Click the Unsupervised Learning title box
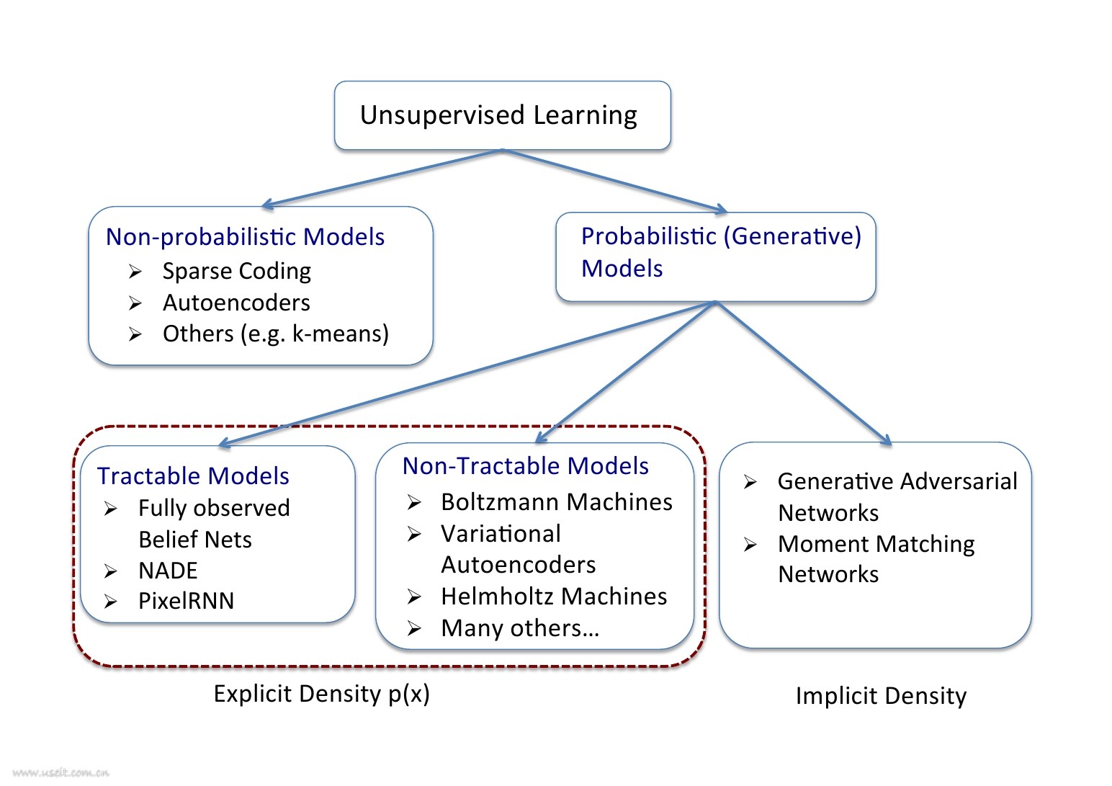(501, 115)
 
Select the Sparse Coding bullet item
(236, 271)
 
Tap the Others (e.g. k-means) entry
(275, 334)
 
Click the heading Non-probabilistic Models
(245, 237)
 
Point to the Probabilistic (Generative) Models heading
(720, 251)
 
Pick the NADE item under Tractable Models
(168, 571)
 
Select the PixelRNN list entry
(186, 601)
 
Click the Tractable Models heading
(193, 476)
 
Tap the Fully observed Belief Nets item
(213, 524)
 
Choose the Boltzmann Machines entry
(556, 502)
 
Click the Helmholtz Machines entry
(553, 597)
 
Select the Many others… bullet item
(520, 628)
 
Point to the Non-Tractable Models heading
(525, 466)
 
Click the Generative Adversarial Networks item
(897, 496)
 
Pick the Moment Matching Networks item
(876, 559)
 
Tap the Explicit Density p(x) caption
(321, 694)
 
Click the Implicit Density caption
(880, 696)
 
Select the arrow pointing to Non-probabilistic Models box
(382, 179)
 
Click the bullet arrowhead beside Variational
(414, 534)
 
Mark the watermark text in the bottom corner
(60, 773)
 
